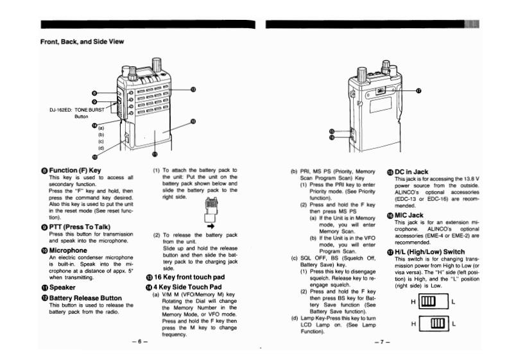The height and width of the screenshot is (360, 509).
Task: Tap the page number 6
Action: [139, 341]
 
